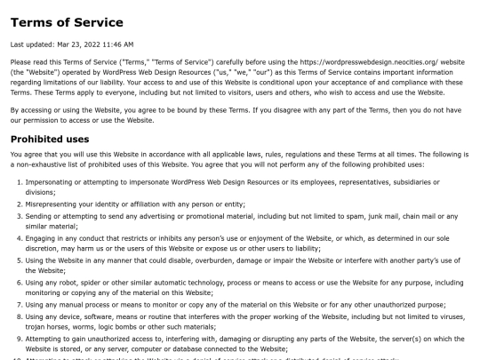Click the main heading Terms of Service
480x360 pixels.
pyautogui.click(x=68, y=22)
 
